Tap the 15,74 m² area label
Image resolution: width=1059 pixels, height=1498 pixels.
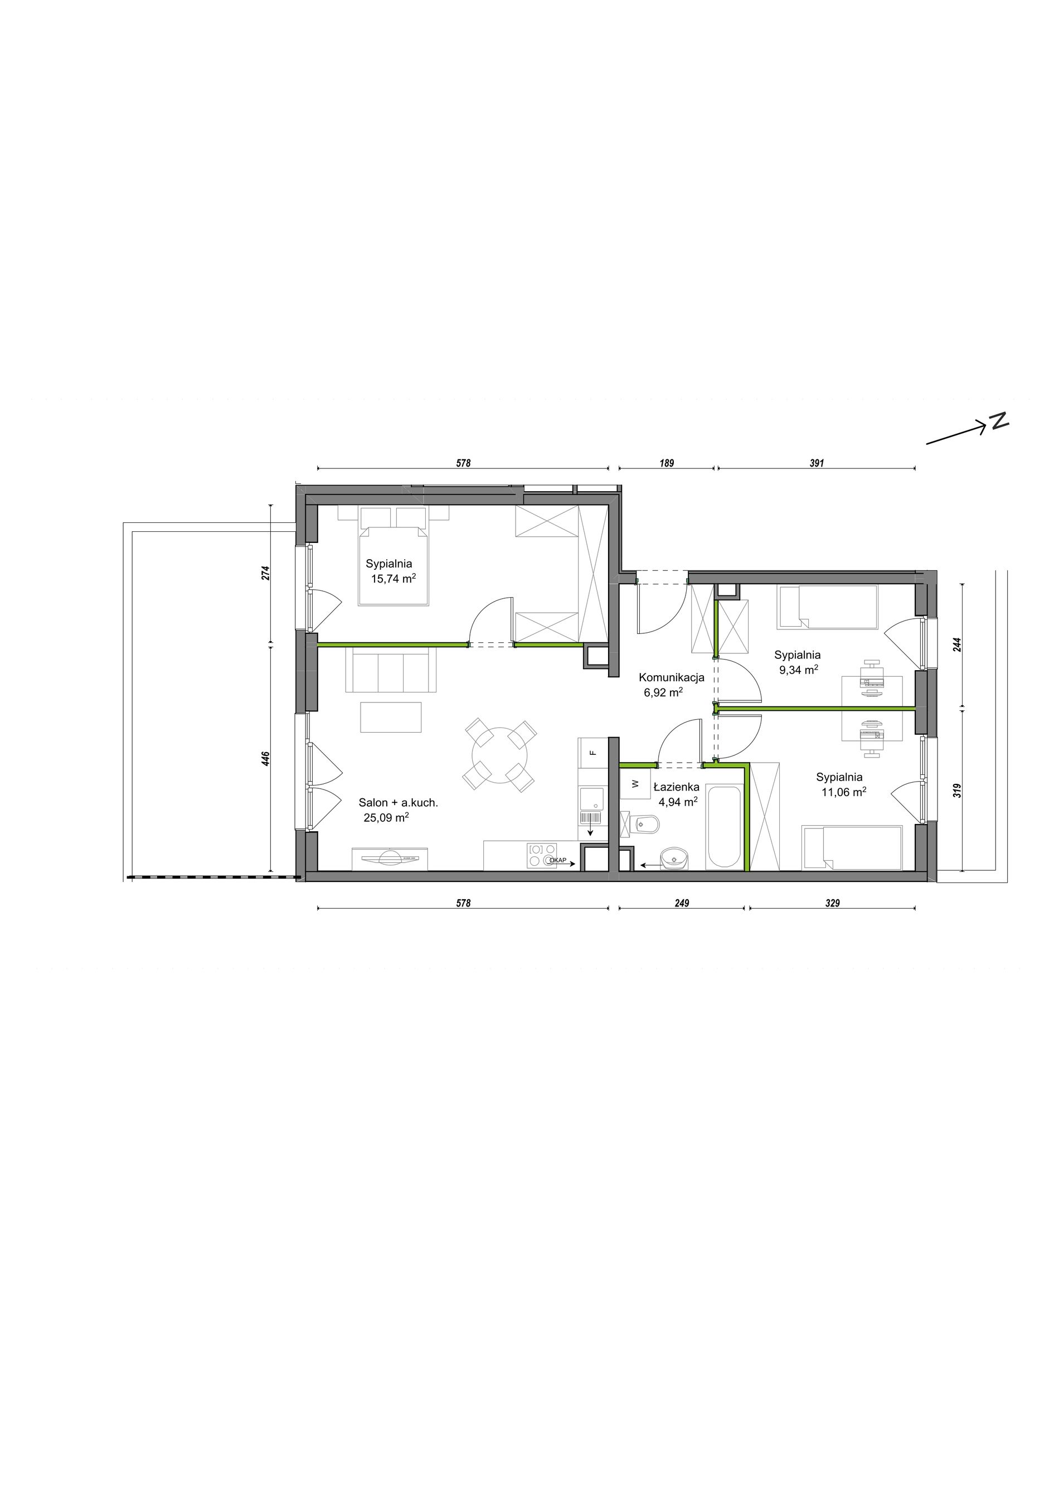(x=394, y=579)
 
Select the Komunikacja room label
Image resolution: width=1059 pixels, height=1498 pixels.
(x=671, y=677)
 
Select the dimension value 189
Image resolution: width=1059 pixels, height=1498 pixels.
(x=667, y=463)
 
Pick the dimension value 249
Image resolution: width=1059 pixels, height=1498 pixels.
(x=682, y=904)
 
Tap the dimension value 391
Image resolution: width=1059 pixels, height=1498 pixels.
(x=817, y=463)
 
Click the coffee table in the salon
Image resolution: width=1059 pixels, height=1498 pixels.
(x=391, y=716)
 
